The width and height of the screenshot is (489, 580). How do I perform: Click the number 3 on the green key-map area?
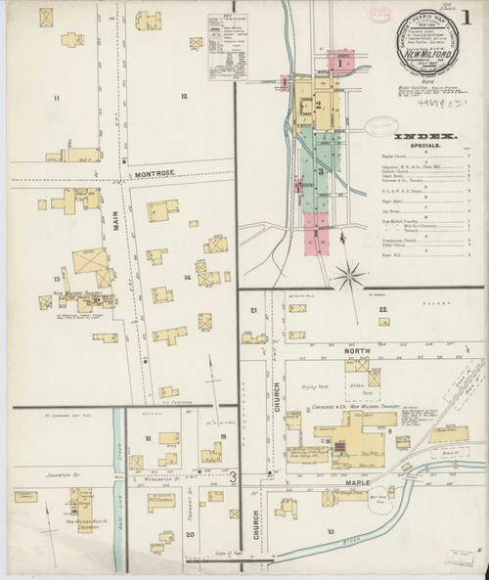(319, 171)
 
